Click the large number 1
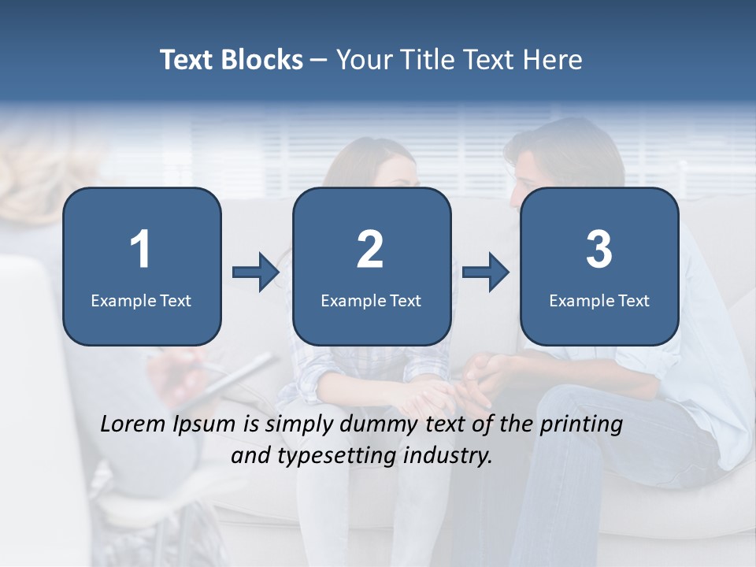[x=141, y=250]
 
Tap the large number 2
[x=370, y=250]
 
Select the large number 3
[x=599, y=250]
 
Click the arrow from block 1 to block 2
[x=256, y=272]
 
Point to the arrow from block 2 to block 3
[x=486, y=272]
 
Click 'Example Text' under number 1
[x=141, y=300]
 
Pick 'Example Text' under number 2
[x=371, y=300]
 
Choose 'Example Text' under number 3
[x=599, y=300]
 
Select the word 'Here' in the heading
[x=552, y=60]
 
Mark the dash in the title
[x=319, y=60]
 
